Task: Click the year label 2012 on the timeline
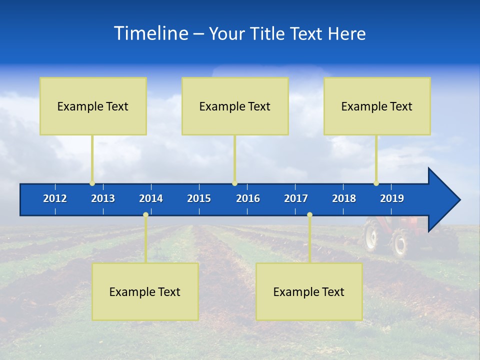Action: [x=55, y=198]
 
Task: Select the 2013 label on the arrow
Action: [x=103, y=198]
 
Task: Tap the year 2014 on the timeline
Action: [x=151, y=198]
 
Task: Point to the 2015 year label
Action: [x=199, y=198]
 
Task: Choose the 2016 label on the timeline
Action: [x=248, y=198]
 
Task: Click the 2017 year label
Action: [x=296, y=198]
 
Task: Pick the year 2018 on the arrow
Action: [x=344, y=198]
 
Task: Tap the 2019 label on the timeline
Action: [x=392, y=198]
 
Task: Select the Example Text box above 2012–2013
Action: [x=93, y=106]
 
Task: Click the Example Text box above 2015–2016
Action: [x=235, y=106]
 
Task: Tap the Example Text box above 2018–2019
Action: [x=377, y=106]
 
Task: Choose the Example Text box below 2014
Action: [x=145, y=291]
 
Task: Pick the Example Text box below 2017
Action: [x=309, y=291]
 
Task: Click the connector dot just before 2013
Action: [x=92, y=183]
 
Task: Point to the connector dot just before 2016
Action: [x=234, y=183]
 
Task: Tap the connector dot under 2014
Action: [x=145, y=215]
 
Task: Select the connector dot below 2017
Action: [x=309, y=215]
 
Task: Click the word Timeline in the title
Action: [x=150, y=33]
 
